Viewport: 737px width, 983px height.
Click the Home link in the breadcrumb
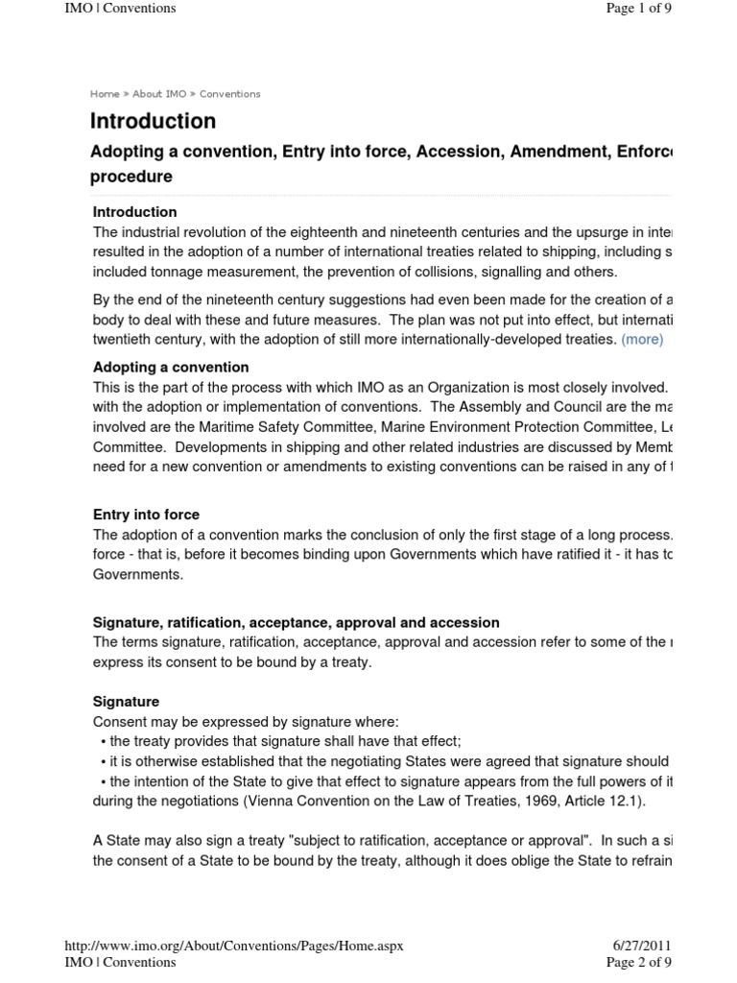(x=105, y=94)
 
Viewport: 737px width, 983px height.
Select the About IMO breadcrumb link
(x=159, y=94)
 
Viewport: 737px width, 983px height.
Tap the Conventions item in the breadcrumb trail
(x=229, y=94)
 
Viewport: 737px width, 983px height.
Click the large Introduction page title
(x=153, y=121)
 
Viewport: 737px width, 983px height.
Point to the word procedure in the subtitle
(x=131, y=177)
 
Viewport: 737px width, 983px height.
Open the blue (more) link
(x=642, y=339)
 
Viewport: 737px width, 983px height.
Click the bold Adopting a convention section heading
(x=170, y=367)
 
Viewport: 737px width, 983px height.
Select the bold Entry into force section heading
(x=146, y=515)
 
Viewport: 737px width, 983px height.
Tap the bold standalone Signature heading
(x=126, y=702)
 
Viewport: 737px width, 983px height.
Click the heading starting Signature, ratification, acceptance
(x=296, y=623)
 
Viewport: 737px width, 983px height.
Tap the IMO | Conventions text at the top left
(x=119, y=9)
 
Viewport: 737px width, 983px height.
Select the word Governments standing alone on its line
(x=136, y=574)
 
